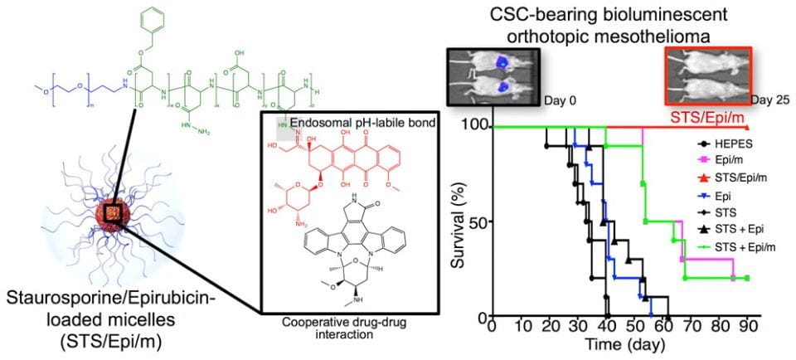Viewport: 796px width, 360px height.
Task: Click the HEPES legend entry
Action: point(720,143)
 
